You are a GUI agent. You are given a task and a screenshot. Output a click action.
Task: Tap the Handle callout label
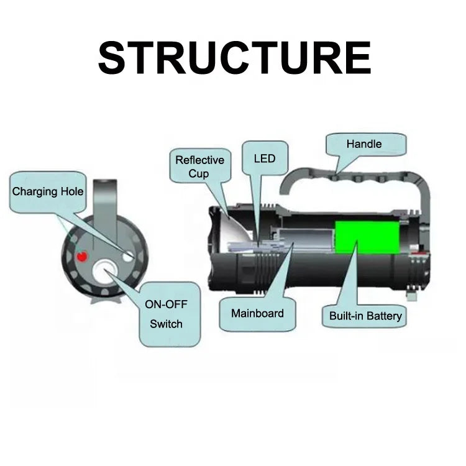click(x=364, y=144)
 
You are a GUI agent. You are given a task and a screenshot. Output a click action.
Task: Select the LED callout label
click(x=264, y=158)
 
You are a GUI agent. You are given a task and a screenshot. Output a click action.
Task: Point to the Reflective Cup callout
click(x=199, y=167)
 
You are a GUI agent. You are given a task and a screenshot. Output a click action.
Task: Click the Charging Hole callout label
click(x=48, y=191)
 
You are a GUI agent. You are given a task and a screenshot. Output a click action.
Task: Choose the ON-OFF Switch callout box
click(x=167, y=314)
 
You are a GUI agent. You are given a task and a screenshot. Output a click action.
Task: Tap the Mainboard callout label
click(x=257, y=313)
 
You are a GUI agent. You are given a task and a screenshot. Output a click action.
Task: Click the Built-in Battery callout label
click(x=365, y=316)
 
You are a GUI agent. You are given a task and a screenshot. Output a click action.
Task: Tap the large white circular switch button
click(x=105, y=273)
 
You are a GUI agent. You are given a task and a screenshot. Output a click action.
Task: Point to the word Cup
click(x=199, y=173)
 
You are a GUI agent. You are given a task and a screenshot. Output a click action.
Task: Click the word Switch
click(x=167, y=324)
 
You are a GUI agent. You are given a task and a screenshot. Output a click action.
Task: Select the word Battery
click(x=383, y=316)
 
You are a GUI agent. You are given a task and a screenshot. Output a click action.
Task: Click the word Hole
click(x=70, y=191)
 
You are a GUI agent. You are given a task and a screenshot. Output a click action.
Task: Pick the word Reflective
click(x=199, y=160)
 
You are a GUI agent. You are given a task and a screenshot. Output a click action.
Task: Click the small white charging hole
click(x=129, y=255)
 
